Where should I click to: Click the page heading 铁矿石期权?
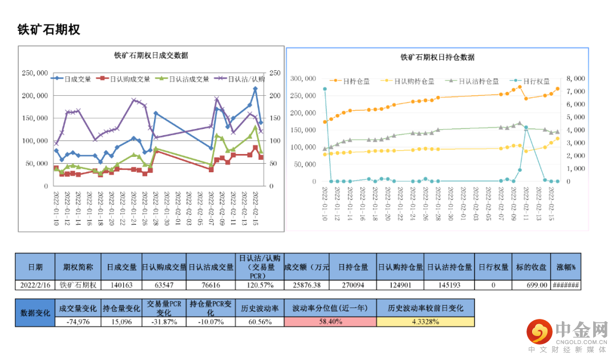point(49,30)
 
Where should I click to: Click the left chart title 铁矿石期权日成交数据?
point(151,55)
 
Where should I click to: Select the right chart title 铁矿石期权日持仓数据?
point(437,57)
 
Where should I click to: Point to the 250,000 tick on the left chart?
point(35,73)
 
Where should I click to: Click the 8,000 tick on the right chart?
point(576,78)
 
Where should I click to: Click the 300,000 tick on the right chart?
point(303,78)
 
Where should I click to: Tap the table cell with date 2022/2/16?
point(35,285)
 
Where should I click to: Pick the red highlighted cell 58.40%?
point(330,322)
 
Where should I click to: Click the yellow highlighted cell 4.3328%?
point(425,322)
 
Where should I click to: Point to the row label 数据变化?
point(35,313)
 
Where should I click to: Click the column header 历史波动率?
point(260,308)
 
